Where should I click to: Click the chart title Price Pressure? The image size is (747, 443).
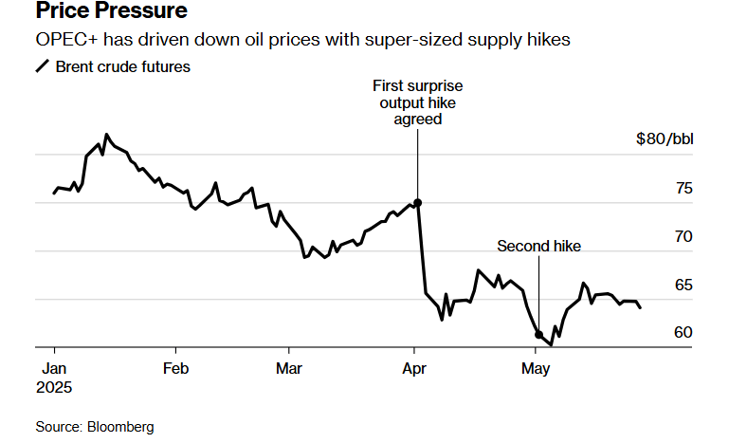[x=111, y=13]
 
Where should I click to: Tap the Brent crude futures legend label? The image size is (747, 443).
[x=123, y=66]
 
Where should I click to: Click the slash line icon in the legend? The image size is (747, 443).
[x=43, y=66]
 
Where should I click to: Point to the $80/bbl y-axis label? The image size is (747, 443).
[x=665, y=139]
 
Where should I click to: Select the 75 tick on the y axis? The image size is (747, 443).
[x=683, y=188]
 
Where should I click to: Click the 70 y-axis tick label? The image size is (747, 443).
[x=683, y=236]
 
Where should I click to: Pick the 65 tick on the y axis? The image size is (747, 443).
[x=683, y=285]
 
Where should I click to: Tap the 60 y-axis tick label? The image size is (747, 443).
[x=683, y=333]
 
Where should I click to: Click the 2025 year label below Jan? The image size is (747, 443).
[x=54, y=387]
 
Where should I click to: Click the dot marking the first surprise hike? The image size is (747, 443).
[x=418, y=203]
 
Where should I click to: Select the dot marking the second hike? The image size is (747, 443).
[x=538, y=335]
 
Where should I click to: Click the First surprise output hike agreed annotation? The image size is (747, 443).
[x=418, y=102]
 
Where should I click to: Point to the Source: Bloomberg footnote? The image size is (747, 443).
[x=95, y=427]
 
